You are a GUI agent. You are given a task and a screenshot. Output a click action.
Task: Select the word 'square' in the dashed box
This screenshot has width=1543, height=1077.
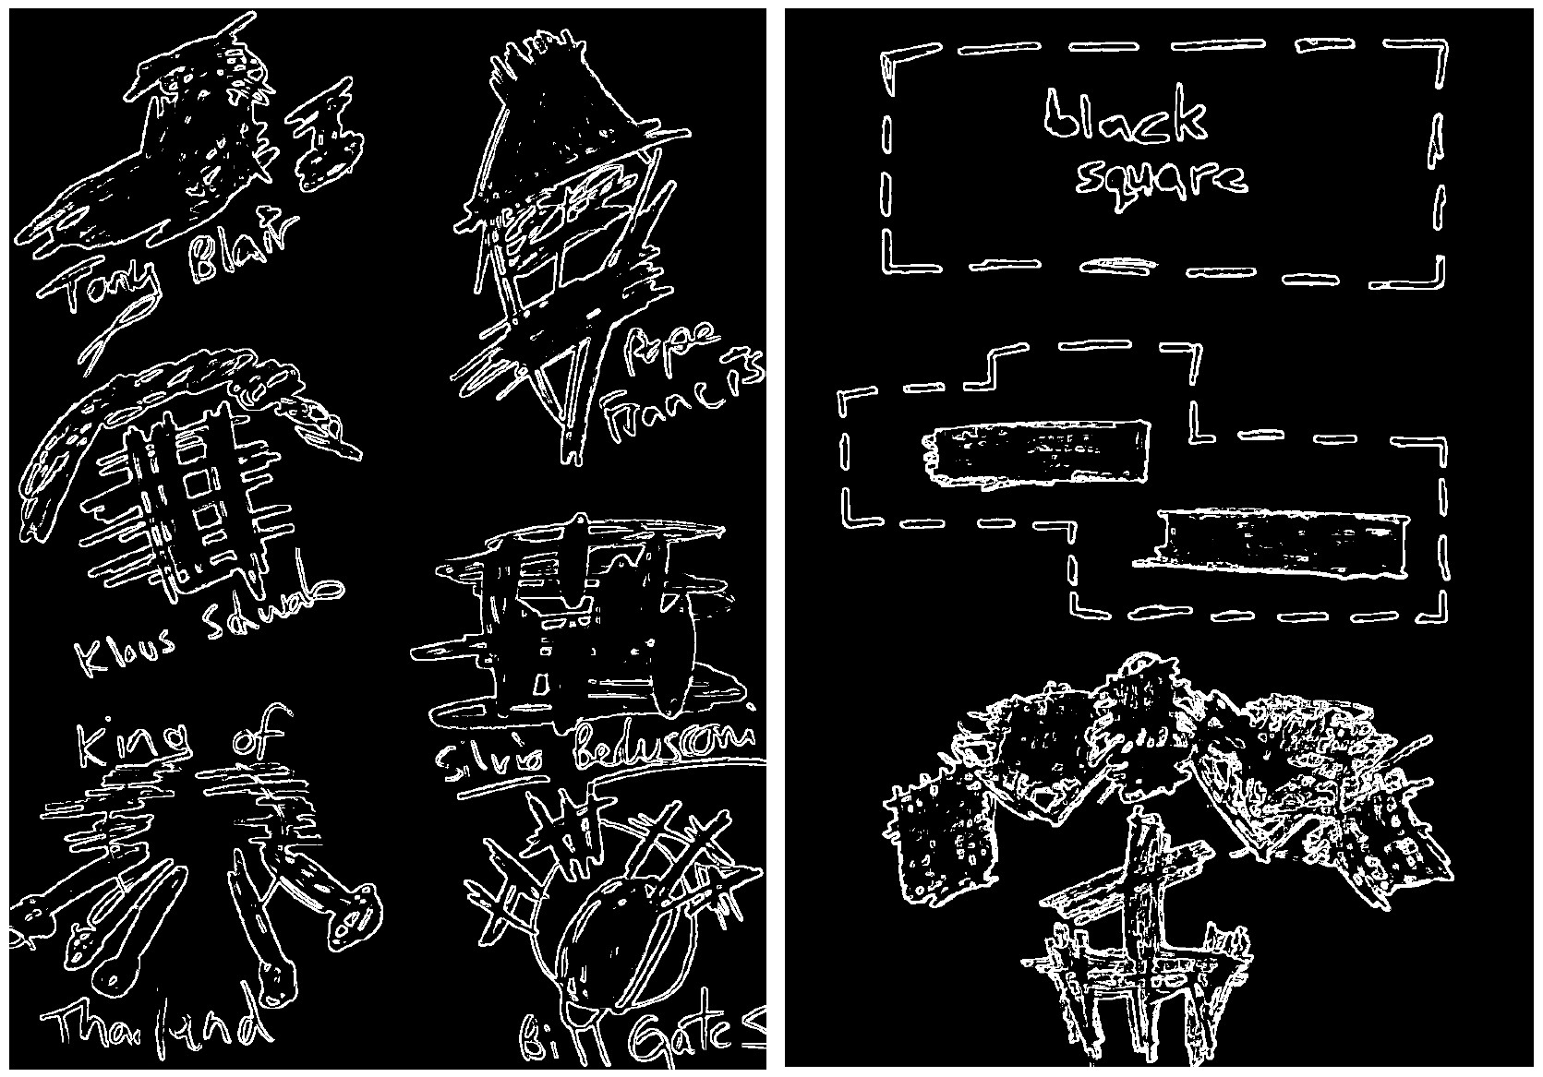click(x=1162, y=180)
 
